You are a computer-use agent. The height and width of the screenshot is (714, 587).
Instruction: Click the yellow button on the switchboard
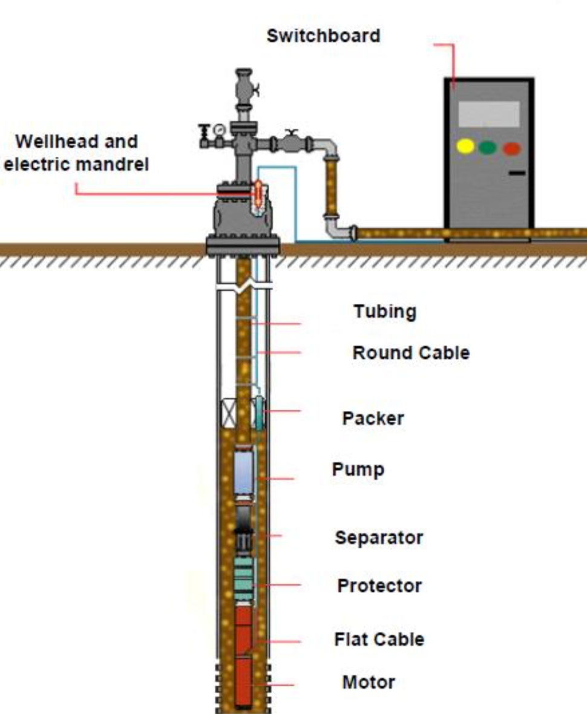pyautogui.click(x=465, y=146)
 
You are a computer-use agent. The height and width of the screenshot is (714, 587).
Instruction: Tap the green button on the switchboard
pyautogui.click(x=488, y=147)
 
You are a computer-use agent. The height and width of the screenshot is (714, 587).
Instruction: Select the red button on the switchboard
pyautogui.click(x=511, y=148)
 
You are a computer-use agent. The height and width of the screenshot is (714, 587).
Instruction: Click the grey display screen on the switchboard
pyautogui.click(x=488, y=114)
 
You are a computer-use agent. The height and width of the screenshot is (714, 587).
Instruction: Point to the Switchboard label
pyautogui.click(x=324, y=36)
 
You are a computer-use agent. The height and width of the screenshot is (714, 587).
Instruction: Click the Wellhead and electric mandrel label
pyautogui.click(x=76, y=152)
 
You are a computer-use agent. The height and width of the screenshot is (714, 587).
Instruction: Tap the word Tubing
pyautogui.click(x=385, y=312)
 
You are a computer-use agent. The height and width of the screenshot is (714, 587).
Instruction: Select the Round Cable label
pyautogui.click(x=411, y=353)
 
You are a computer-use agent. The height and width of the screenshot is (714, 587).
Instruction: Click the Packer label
pyautogui.click(x=373, y=418)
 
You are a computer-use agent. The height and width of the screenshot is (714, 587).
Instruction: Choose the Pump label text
pyautogui.click(x=358, y=470)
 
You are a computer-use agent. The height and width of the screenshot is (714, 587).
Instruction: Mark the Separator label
pyautogui.click(x=379, y=537)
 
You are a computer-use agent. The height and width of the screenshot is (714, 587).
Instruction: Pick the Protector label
pyautogui.click(x=379, y=586)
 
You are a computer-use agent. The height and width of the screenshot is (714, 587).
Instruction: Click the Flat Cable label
pyautogui.click(x=379, y=640)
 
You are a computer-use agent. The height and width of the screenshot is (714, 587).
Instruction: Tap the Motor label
pyautogui.click(x=369, y=683)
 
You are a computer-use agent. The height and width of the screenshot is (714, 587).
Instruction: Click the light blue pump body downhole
pyautogui.click(x=243, y=473)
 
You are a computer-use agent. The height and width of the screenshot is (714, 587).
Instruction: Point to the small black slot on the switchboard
pyautogui.click(x=516, y=174)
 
